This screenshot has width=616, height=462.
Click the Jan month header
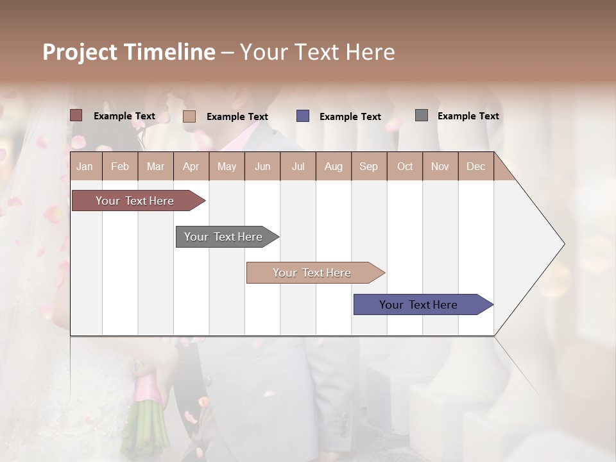pos(85,166)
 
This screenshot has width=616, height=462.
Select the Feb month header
pos(120,166)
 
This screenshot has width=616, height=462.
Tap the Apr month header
pos(191,166)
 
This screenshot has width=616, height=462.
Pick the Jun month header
pos(262,166)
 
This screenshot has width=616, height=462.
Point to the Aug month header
pos(333,166)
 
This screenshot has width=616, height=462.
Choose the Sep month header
pos(368,166)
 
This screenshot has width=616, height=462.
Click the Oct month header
pos(405,166)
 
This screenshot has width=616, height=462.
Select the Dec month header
pos(475,166)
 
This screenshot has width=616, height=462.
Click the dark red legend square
pos(76,116)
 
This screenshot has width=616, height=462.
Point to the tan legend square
pos(189,116)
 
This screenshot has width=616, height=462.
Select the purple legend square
pos(303,116)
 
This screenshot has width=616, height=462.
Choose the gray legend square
pos(422,116)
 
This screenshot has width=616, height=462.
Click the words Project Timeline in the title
pos(129,52)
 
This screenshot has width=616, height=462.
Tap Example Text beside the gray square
pos(468,116)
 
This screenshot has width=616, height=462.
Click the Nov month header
pos(440,166)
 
